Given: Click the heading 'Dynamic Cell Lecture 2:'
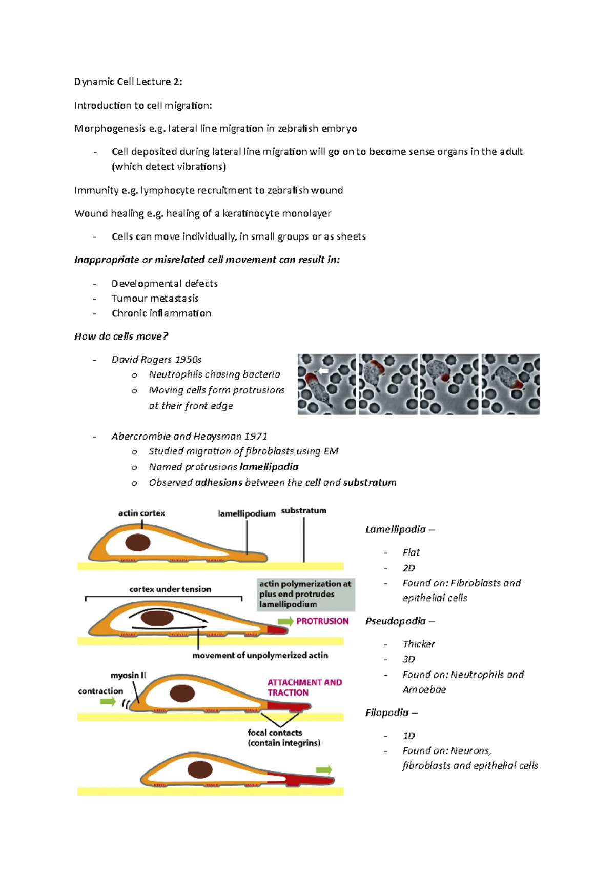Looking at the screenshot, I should click(x=128, y=82).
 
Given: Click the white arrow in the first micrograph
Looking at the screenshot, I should click(x=323, y=370).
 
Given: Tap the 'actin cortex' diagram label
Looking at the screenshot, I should click(x=141, y=513).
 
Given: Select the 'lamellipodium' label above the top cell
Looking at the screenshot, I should click(x=247, y=513).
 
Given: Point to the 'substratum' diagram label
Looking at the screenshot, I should click(x=303, y=511).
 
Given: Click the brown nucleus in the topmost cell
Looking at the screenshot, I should click(x=138, y=543).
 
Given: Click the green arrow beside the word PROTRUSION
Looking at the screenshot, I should click(x=285, y=621).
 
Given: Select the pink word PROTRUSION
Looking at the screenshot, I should click(x=322, y=621).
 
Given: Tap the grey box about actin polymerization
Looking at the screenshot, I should click(x=305, y=594).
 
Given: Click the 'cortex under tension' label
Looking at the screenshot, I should click(x=170, y=589).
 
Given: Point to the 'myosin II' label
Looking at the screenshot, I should click(x=128, y=676).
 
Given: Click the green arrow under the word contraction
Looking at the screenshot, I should click(x=108, y=702).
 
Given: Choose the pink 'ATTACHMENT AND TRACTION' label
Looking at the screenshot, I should click(x=304, y=687).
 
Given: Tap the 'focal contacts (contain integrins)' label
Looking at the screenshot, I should click(x=283, y=738).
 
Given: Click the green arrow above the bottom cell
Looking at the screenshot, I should click(x=324, y=769).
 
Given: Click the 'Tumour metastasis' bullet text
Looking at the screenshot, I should click(x=155, y=299).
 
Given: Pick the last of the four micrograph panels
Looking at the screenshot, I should click(x=510, y=384).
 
